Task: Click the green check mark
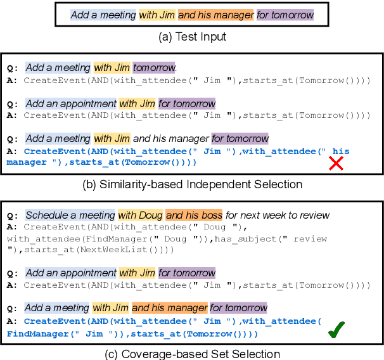[x=336, y=331]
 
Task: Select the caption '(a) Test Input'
[x=191, y=37]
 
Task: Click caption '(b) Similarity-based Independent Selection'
[x=192, y=184]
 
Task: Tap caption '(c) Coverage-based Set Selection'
[x=192, y=354]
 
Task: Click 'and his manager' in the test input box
[x=215, y=14]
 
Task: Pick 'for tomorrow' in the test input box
[x=285, y=14]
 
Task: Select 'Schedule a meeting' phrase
[x=70, y=215]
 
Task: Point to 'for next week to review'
[x=278, y=215]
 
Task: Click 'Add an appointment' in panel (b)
[x=71, y=103]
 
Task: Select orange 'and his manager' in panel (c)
[x=169, y=308]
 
